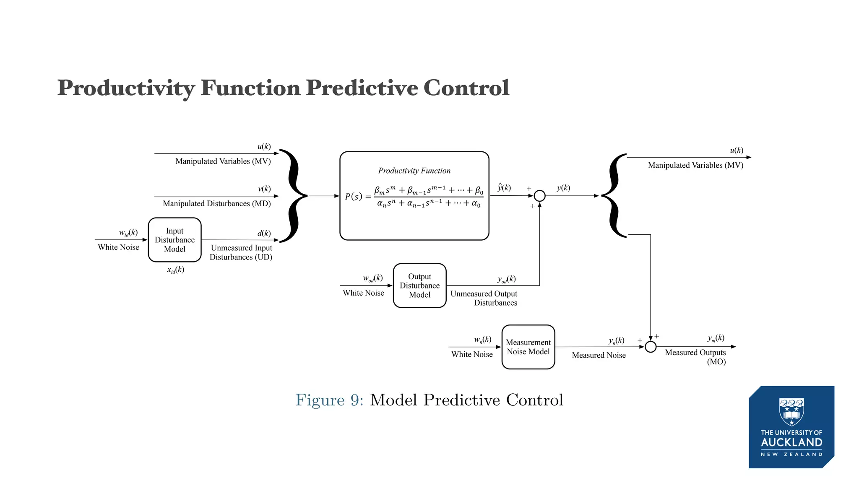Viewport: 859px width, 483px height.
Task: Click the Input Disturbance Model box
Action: [174, 240]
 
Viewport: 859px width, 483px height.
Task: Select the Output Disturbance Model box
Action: [419, 286]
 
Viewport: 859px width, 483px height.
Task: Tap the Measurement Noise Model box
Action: [528, 347]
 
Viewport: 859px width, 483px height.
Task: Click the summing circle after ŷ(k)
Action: [539, 196]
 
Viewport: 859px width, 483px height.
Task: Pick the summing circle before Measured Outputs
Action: [650, 347]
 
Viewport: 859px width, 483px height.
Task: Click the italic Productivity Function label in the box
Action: [414, 171]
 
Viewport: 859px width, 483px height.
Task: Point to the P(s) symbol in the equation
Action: [354, 196]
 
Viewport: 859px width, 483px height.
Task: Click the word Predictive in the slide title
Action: [362, 88]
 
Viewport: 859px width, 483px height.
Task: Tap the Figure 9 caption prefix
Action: [329, 400]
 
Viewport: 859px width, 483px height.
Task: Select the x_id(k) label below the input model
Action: [175, 270]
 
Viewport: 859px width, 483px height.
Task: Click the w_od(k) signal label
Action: [372, 278]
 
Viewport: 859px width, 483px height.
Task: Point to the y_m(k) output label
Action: [716, 338]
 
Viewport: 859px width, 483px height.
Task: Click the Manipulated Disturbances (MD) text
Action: [216, 203]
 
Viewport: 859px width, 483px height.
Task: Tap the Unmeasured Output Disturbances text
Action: [484, 298]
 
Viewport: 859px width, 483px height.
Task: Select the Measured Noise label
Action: [599, 355]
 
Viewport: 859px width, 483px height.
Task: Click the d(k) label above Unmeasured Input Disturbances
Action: [264, 233]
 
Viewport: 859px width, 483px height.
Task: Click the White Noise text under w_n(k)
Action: [472, 354]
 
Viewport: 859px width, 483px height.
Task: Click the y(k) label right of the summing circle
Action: [563, 188]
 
